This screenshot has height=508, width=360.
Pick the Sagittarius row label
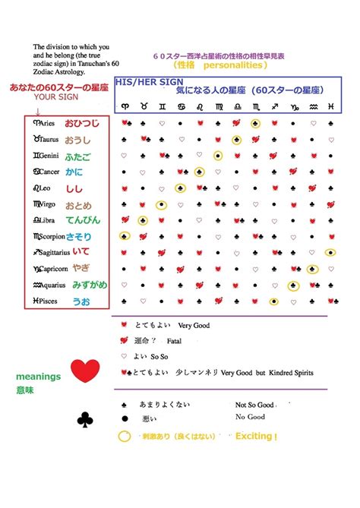(54, 253)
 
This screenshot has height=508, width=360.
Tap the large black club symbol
(84, 418)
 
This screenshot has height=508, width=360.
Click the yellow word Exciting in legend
(256, 437)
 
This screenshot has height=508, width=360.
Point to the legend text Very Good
(193, 325)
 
